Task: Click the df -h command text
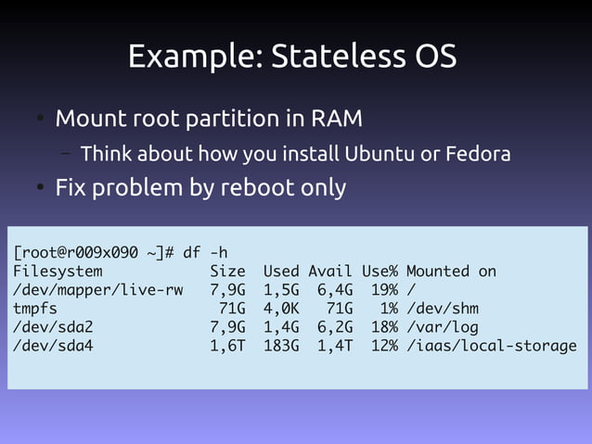[x=205, y=252]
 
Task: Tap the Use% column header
[x=380, y=272]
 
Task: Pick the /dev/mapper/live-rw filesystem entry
[x=97, y=290]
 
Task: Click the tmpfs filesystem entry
[x=35, y=309]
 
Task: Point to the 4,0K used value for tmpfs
[x=281, y=309]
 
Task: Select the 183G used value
[x=281, y=347]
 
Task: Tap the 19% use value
[x=380, y=290]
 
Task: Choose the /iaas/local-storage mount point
[x=491, y=347]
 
